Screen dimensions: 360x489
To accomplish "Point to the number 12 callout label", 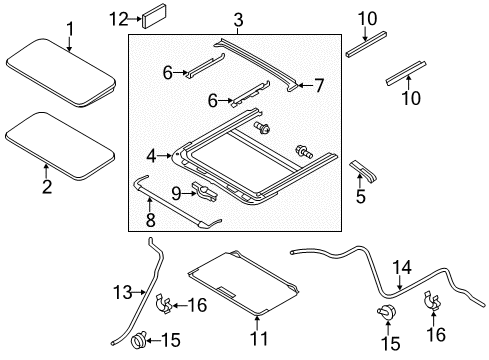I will (119, 18).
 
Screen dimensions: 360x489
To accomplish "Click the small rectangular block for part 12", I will (156, 18).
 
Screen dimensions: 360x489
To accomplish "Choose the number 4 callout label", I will (151, 155).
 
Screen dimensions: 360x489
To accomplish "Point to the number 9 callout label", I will (175, 192).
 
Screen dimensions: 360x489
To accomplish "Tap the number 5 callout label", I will (361, 196).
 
